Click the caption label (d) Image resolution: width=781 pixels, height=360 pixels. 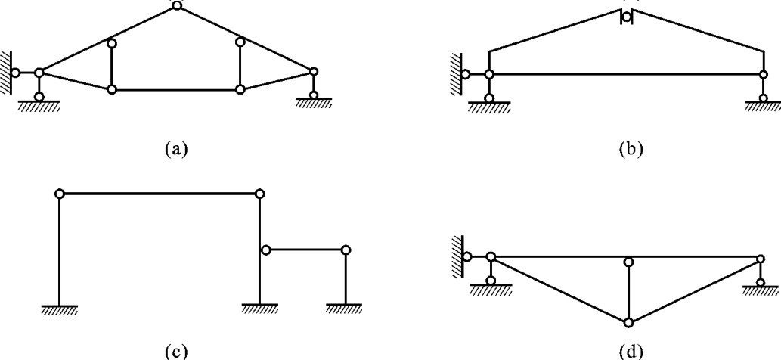(x=629, y=350)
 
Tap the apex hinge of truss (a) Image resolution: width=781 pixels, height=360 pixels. (x=176, y=5)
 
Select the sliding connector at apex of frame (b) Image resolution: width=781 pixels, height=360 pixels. (x=626, y=17)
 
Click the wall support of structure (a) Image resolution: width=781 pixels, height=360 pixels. (x=8, y=73)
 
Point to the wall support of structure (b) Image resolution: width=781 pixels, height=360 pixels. (x=457, y=74)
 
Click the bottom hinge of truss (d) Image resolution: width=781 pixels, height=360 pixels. (x=628, y=322)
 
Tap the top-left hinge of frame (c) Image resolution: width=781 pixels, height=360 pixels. (x=59, y=194)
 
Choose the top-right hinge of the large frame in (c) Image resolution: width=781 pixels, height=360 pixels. (x=259, y=194)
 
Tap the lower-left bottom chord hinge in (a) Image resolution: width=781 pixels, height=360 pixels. (x=112, y=89)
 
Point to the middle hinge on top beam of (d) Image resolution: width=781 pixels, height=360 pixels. (x=628, y=262)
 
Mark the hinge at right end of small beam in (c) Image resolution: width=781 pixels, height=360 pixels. (x=346, y=250)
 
